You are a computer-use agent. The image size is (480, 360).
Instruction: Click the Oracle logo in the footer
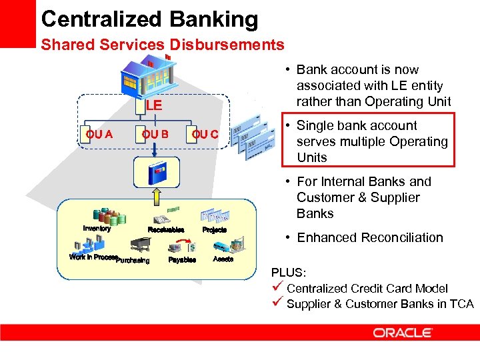click(403, 332)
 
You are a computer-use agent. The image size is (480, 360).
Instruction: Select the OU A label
click(99, 134)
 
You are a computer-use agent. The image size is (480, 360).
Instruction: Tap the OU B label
click(155, 134)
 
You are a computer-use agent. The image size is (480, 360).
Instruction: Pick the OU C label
click(205, 134)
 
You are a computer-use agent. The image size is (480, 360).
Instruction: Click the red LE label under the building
click(154, 105)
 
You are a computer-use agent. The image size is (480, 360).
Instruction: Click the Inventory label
click(97, 229)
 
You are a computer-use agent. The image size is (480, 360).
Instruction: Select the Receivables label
click(165, 229)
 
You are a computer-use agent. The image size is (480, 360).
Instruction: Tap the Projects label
click(215, 229)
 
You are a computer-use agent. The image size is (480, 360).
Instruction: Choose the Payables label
click(182, 259)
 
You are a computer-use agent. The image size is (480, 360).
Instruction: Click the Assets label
click(223, 259)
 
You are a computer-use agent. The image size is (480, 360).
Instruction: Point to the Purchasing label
click(133, 260)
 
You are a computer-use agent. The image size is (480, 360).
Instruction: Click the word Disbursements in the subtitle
click(227, 45)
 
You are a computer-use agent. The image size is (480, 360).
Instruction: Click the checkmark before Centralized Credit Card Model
click(277, 288)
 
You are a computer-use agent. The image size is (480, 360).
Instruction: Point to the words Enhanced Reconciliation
click(370, 237)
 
